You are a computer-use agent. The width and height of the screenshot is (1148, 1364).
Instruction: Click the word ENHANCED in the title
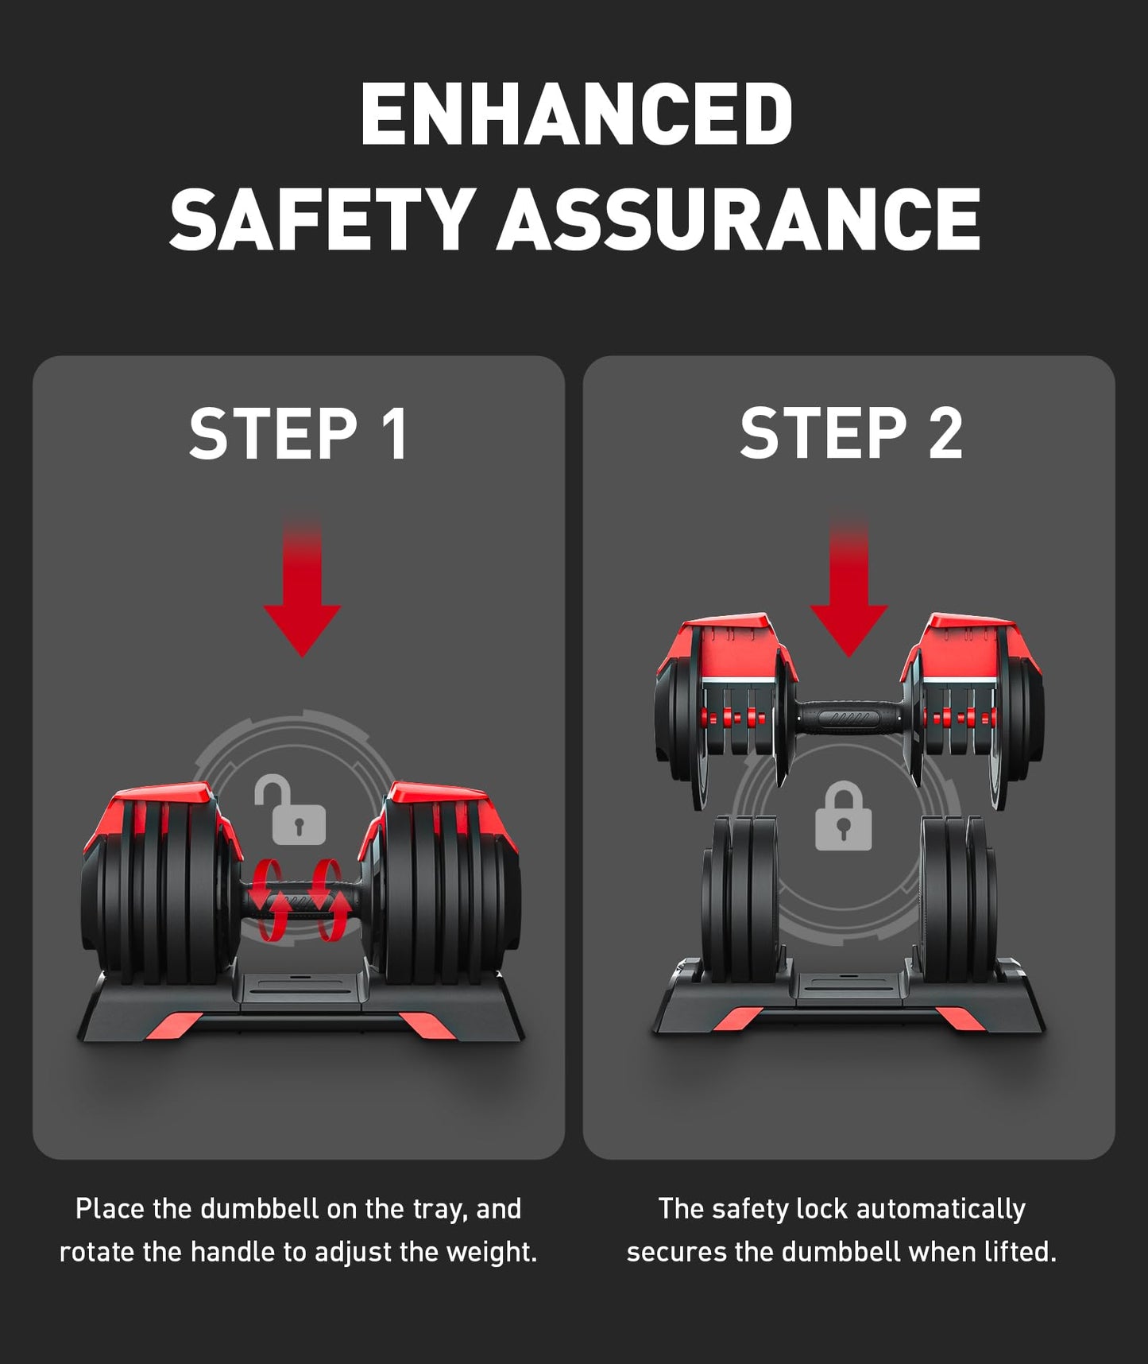576,114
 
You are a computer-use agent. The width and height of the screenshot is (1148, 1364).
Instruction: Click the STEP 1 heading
299,433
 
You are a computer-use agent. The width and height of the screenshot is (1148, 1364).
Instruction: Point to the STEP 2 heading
851,433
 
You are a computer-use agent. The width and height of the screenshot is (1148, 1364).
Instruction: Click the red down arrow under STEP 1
302,589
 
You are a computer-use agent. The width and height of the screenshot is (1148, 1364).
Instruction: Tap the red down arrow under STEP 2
848,589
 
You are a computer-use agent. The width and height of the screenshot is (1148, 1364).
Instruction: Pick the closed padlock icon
844,816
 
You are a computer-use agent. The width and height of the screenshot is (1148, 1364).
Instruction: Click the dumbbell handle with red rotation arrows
298,900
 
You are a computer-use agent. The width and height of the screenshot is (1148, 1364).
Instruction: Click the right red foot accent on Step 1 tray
427,1025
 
